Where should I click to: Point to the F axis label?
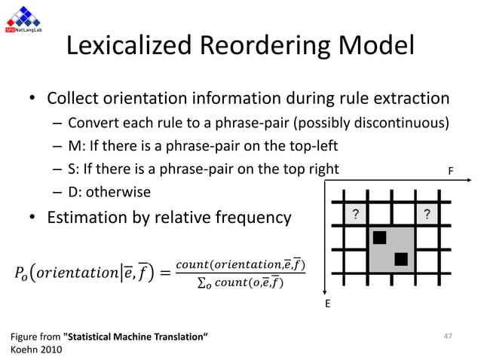coord(451,171)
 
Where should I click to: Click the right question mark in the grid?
coord(427,214)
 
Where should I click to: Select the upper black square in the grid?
coord(379,239)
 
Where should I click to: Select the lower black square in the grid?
coord(402,260)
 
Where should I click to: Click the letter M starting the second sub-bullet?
coord(72,145)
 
